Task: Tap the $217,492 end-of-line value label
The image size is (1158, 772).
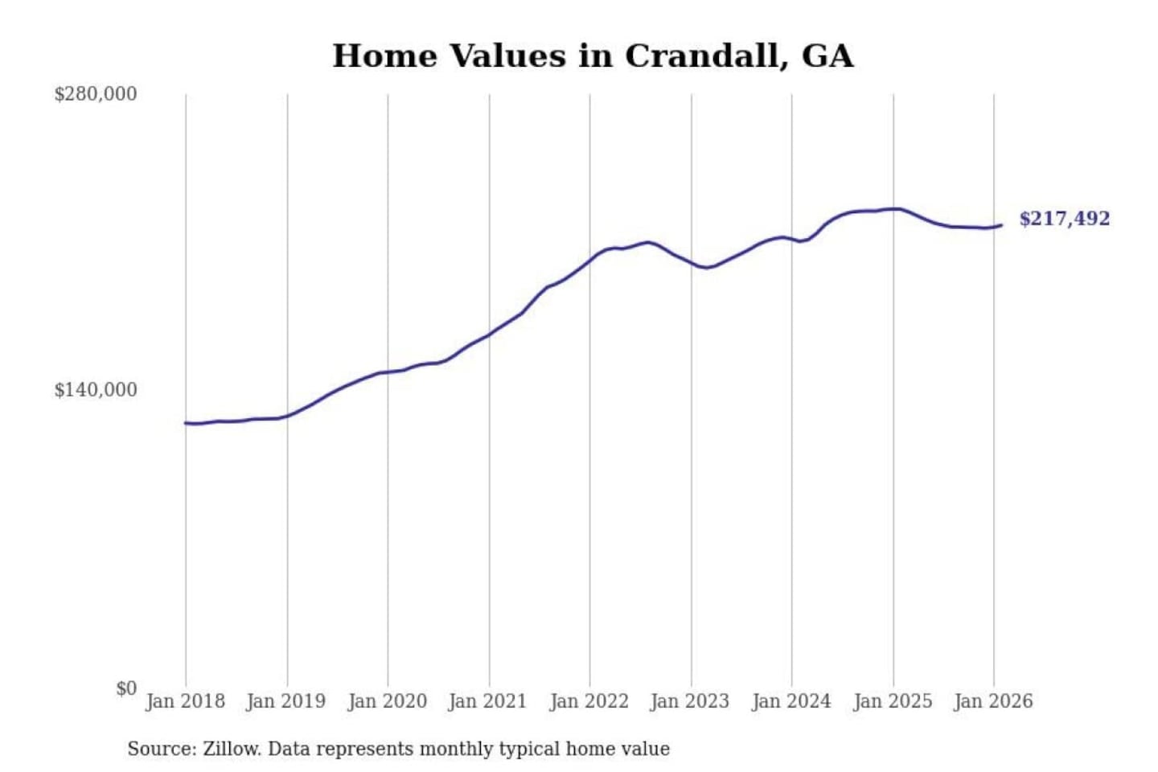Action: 1064,219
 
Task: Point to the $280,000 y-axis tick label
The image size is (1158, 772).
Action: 96,94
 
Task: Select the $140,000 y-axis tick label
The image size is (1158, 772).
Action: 96,390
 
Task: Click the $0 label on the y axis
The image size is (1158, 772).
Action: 126,688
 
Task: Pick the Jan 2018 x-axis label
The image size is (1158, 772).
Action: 185,701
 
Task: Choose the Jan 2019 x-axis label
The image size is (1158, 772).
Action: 286,701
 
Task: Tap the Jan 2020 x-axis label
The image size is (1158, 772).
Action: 387,701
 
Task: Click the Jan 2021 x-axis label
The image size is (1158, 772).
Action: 487,701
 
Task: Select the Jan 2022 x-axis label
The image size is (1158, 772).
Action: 589,701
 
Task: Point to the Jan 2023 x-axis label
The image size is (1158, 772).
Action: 690,701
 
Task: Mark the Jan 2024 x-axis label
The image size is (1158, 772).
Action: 791,701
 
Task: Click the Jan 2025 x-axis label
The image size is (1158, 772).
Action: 893,701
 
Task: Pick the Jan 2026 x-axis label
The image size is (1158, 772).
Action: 993,701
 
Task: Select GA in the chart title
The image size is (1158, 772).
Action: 827,56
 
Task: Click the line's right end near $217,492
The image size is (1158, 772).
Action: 1001,225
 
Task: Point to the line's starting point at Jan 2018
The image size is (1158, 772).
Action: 186,423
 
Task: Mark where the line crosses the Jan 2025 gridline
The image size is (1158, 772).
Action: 893,209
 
